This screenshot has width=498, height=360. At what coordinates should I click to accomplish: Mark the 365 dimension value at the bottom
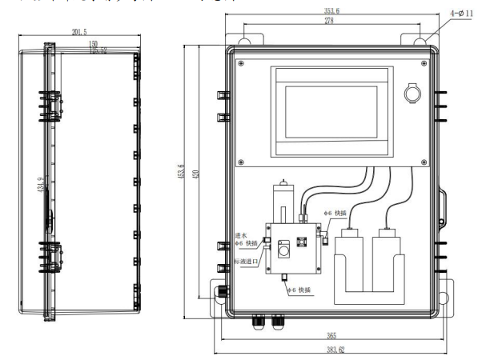[x=330, y=335]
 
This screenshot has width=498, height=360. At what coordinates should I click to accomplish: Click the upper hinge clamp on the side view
[x=51, y=103]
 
